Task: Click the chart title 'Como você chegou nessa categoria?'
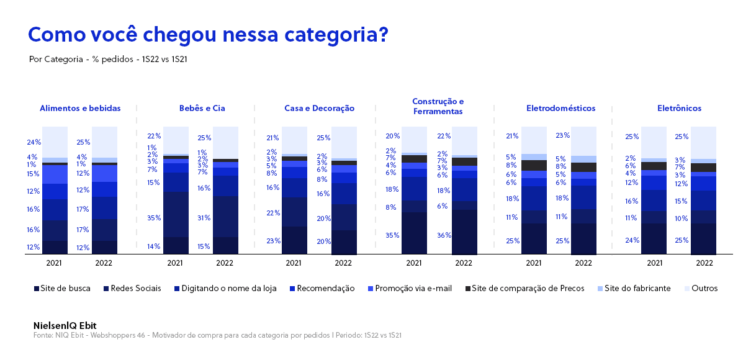coord(208,35)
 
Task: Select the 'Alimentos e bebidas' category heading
coord(80,108)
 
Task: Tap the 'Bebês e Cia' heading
coord(202,108)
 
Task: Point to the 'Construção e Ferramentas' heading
coord(438,106)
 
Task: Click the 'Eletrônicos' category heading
coord(680,108)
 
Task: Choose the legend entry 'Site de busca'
coord(62,289)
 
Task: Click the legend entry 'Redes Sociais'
coord(132,289)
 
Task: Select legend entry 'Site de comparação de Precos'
coord(525,289)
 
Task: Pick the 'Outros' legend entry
coord(701,289)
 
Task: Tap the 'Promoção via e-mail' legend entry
coord(410,289)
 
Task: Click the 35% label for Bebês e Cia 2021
coord(154,218)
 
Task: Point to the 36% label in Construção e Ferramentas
coord(444,235)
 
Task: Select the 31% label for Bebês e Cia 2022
coord(204,218)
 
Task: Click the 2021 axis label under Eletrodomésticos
coord(534,263)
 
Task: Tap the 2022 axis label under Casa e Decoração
coord(343,263)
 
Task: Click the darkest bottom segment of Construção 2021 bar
coord(414,233)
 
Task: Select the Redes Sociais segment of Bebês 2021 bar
coord(176,215)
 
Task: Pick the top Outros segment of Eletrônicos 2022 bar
coord(703,143)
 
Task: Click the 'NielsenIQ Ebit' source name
coord(65,326)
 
